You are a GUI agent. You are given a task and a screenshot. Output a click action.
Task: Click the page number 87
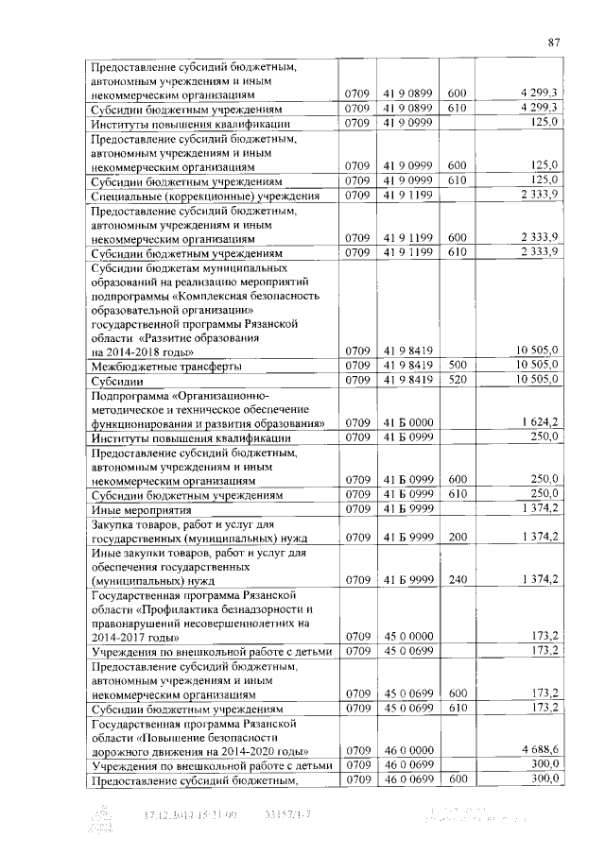pos(555,42)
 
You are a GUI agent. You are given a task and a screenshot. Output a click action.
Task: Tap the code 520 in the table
pos(457,380)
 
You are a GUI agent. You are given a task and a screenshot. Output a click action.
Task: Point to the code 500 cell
pos(457,365)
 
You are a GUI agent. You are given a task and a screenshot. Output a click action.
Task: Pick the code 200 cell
pos(457,537)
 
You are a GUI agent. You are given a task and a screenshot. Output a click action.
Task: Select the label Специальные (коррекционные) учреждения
pos(205,196)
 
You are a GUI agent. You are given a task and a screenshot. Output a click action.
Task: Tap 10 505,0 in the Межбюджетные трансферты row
pos(537,365)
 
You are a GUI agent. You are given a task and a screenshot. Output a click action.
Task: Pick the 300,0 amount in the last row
pos(543,778)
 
